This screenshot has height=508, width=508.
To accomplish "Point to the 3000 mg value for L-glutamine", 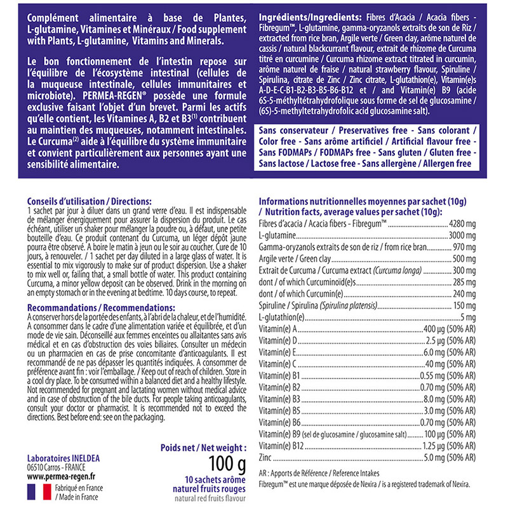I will (x=458, y=236).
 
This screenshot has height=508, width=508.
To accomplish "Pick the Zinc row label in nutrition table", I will (x=267, y=457).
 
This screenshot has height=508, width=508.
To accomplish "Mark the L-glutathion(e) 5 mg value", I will (x=465, y=317).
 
